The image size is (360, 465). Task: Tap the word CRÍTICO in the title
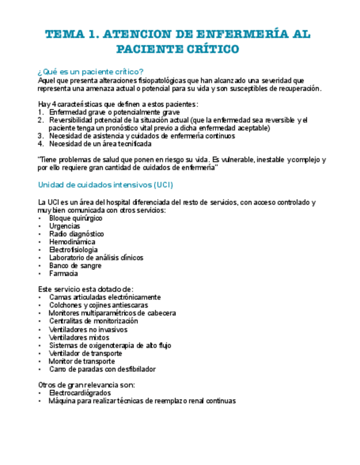point(210,49)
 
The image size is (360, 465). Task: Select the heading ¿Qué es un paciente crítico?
point(91,71)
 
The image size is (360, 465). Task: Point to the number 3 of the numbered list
point(40,136)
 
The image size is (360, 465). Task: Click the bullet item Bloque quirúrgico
point(75,218)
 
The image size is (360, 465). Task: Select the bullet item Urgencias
point(64,226)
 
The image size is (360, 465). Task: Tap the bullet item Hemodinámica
point(72,242)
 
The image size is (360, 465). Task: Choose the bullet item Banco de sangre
point(75,265)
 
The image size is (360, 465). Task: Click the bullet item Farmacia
point(63,273)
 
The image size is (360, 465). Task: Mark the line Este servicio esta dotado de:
point(86,289)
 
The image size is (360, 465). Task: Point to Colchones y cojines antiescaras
point(98,305)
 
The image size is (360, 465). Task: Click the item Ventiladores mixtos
point(79,338)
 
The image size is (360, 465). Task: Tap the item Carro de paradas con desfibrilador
point(102,369)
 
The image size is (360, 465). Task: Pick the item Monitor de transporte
point(82,361)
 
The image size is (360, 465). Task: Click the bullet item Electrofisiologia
point(74,249)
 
